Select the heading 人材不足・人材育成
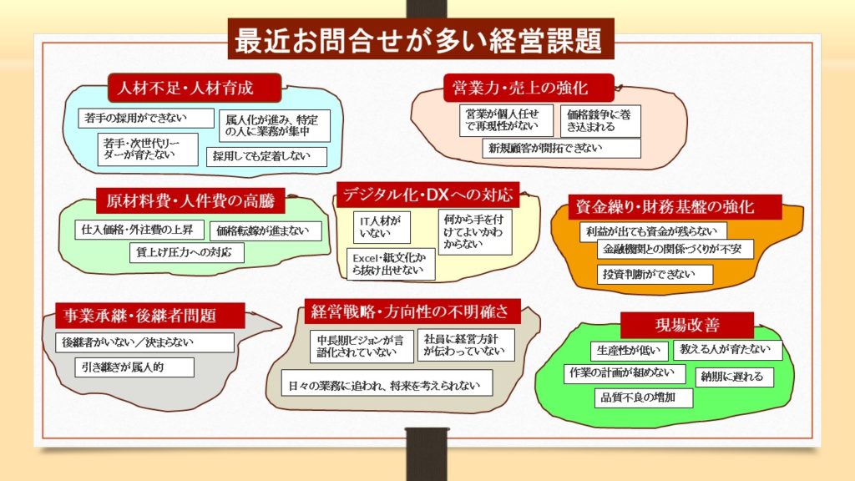[x=193, y=88]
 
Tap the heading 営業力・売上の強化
[x=528, y=87]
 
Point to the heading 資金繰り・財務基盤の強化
[x=665, y=206]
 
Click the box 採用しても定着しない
[x=262, y=156]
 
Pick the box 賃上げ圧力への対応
[x=186, y=252]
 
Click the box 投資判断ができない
[x=655, y=275]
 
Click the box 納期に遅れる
[x=732, y=377]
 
